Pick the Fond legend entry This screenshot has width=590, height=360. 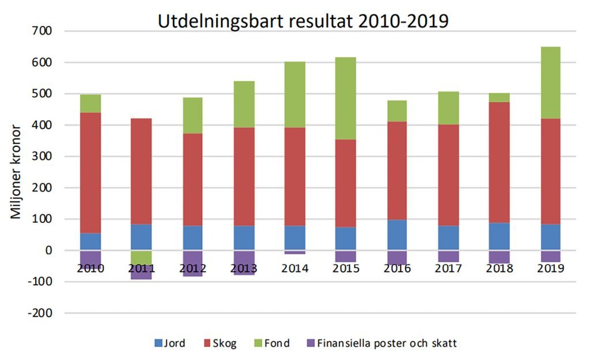tap(270, 343)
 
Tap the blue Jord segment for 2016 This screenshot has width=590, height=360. tap(397, 235)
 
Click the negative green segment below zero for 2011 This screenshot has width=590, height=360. tap(141, 257)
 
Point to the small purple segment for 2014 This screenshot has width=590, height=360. tap(295, 252)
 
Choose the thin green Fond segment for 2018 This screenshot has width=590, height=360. tap(499, 97)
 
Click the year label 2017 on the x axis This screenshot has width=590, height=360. tap(448, 268)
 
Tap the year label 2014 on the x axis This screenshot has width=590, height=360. tap(295, 268)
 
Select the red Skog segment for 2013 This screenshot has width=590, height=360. tap(244, 173)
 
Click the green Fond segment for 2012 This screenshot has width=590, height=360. tap(192, 115)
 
